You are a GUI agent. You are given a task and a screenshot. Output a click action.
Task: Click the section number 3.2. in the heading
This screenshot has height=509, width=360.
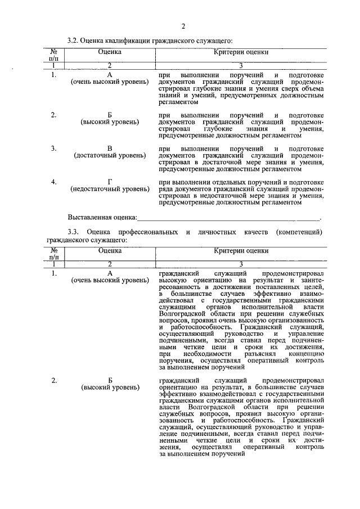[x=73, y=41]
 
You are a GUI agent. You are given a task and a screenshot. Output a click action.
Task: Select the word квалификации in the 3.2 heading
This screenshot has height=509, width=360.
[x=131, y=41]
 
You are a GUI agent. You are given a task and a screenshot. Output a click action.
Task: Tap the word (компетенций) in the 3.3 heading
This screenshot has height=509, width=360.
[x=300, y=232]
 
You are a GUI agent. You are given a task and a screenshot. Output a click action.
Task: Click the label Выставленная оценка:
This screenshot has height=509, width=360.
[x=102, y=217]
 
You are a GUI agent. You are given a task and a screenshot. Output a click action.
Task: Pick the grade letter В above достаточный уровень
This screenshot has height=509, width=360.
[x=110, y=148]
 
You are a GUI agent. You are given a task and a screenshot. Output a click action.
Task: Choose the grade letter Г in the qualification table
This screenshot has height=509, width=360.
[x=110, y=182]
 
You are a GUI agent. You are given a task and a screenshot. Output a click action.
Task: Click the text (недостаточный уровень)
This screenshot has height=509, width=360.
[x=110, y=189]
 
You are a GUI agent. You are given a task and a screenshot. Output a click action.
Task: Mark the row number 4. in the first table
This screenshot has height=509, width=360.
[x=53, y=182]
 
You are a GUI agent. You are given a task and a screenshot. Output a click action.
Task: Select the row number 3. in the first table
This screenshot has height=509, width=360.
[x=53, y=148]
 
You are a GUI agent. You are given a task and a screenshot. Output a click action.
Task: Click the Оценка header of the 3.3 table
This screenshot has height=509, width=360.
[x=110, y=250]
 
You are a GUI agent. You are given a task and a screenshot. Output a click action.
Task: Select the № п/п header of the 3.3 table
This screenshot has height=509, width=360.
[x=54, y=254]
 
